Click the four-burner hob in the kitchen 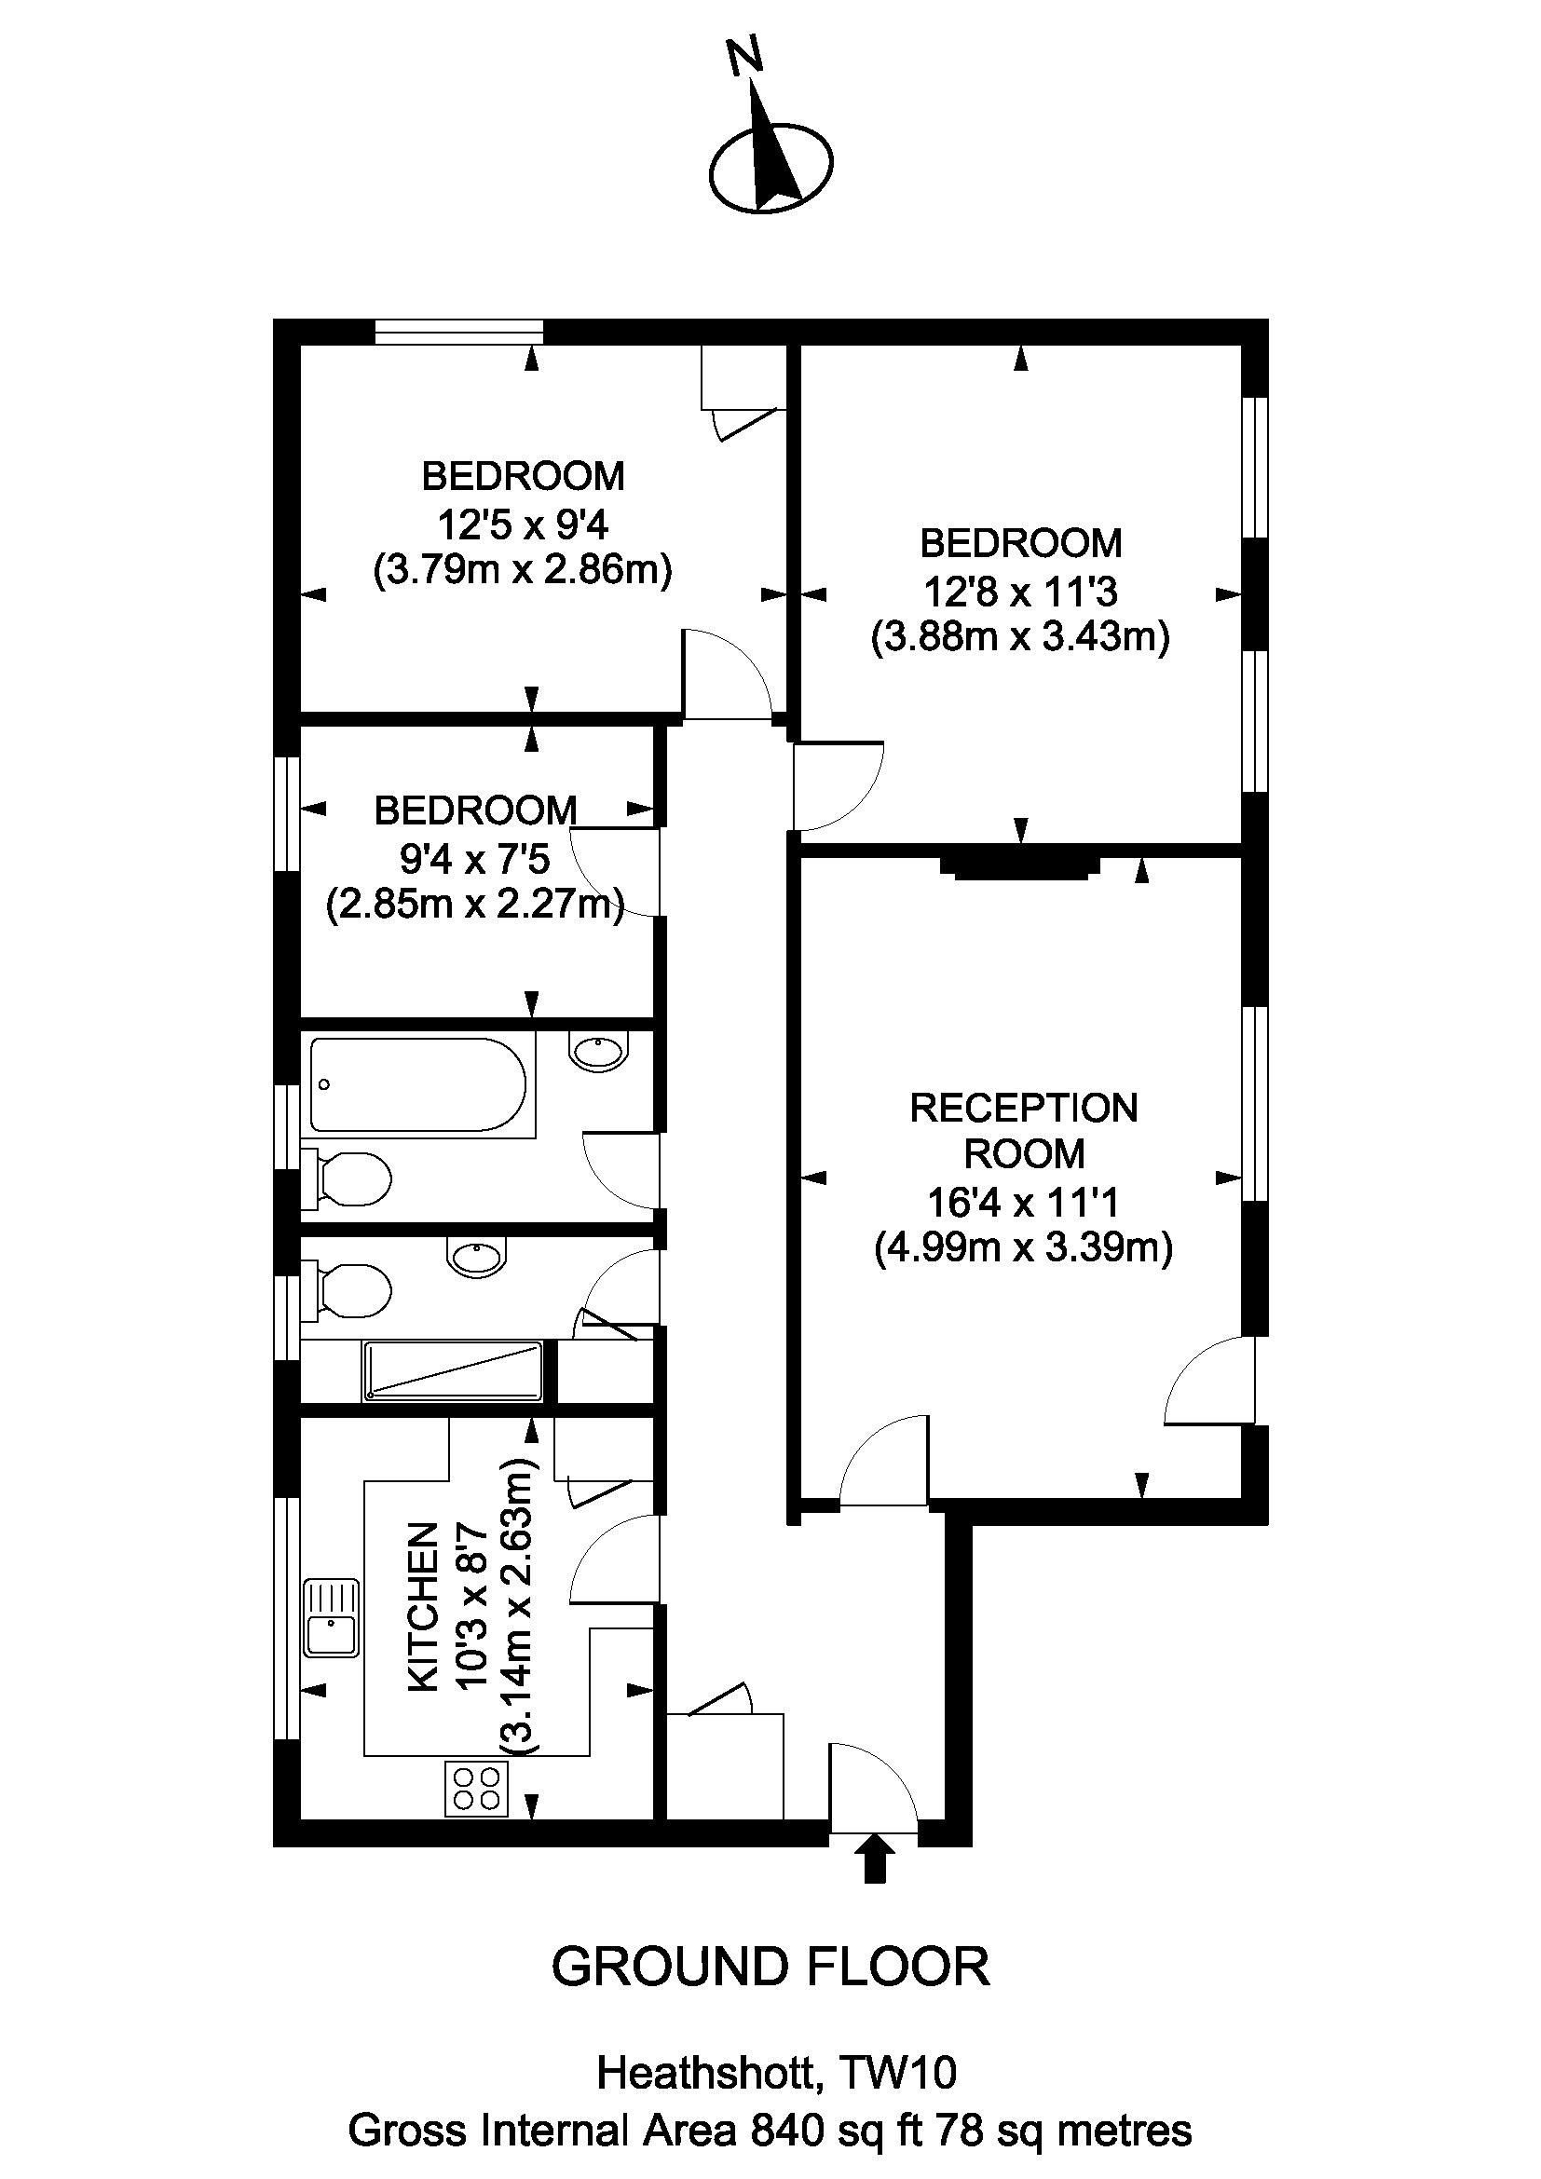pyautogui.click(x=476, y=1788)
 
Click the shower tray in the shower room pyautogui.click(x=453, y=1370)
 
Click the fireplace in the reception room pyautogui.click(x=1021, y=866)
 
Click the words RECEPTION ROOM pyautogui.click(x=1024, y=1130)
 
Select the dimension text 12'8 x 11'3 pyautogui.click(x=1021, y=592)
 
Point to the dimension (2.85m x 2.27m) pyautogui.click(x=474, y=906)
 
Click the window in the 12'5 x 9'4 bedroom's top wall pyautogui.click(x=459, y=332)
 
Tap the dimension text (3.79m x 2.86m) pyautogui.click(x=523, y=571)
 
